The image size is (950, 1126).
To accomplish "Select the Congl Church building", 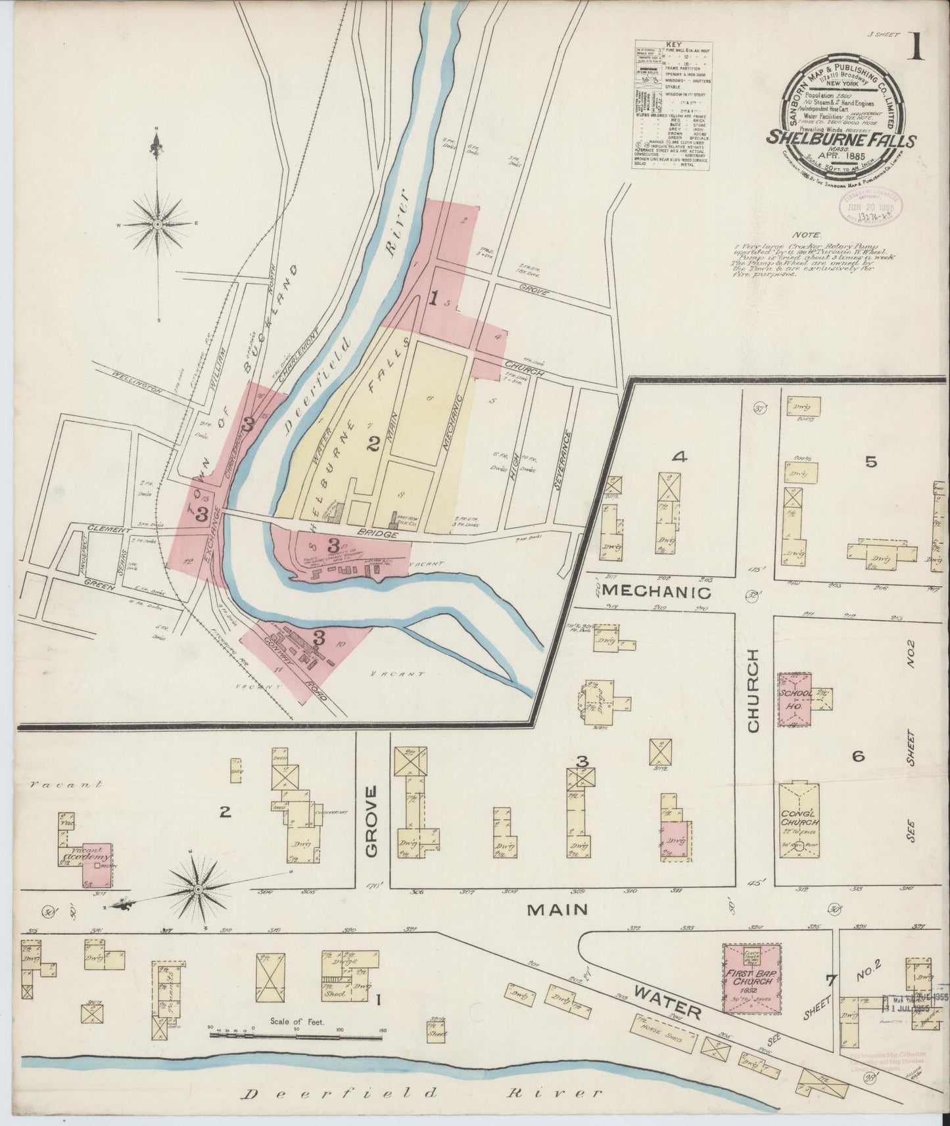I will [799, 821].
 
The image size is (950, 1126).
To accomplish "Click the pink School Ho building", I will [796, 698].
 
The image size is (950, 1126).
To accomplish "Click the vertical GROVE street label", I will [371, 821].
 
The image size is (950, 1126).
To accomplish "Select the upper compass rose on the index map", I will [158, 223].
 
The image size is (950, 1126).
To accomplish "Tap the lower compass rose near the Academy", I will [198, 890].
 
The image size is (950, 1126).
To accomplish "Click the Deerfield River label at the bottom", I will [421, 1093].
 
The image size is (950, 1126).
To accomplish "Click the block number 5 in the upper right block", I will [870, 462].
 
